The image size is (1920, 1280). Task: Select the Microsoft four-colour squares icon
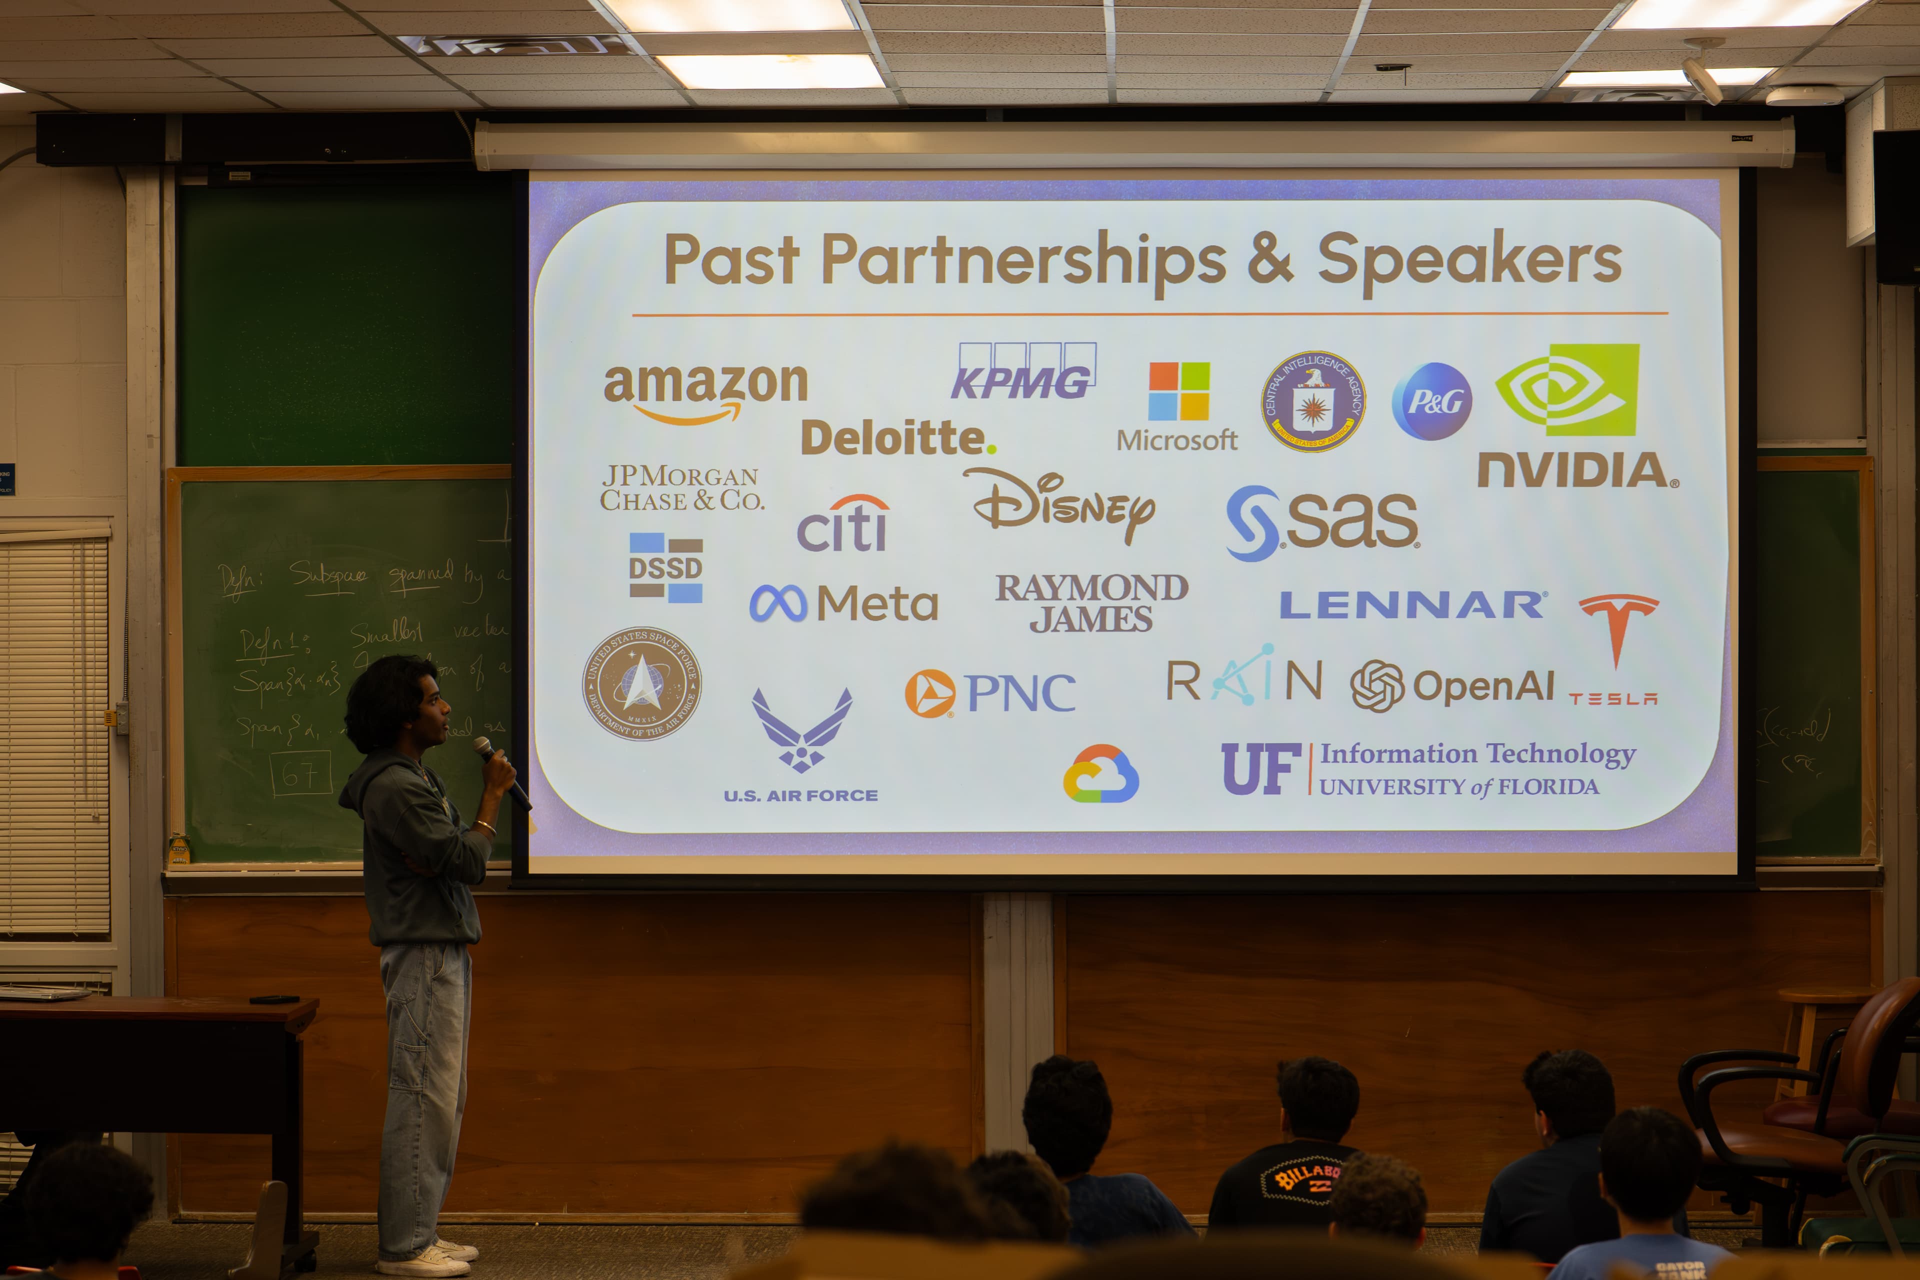pos(1178,391)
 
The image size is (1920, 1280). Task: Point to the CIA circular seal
pos(1312,401)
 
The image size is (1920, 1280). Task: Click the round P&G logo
pos(1431,401)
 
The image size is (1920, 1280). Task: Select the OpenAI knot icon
pos(1376,685)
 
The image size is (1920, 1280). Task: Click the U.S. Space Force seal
pos(641,684)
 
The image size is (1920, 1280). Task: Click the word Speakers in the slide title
pos(1469,259)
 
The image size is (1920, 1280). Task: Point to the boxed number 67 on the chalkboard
pos(300,772)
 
